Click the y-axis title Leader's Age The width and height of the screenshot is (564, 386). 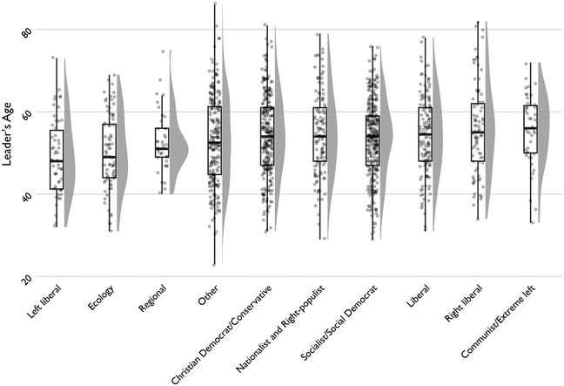[12, 153]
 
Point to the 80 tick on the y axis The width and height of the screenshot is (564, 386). [26, 31]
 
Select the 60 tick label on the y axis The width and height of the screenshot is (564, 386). [26, 113]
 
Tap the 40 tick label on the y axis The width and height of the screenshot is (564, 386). [26, 195]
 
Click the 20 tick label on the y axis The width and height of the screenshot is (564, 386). [26, 277]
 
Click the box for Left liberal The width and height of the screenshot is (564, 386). [57, 159]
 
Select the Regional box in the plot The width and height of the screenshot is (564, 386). [162, 142]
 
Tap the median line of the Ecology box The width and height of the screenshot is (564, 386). [110, 157]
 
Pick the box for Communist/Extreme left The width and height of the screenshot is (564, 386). [530, 129]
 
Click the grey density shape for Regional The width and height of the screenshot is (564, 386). [178, 150]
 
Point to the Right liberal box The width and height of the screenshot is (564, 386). [477, 132]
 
